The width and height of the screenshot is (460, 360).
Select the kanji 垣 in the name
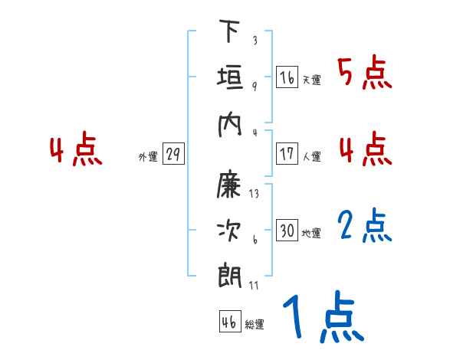229,77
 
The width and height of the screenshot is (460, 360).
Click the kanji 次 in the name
229,229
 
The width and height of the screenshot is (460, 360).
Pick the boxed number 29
173,155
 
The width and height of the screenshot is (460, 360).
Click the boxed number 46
229,322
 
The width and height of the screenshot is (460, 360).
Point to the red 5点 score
364,73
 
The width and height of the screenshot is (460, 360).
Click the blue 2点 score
365,227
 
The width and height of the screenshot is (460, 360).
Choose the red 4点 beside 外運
76,151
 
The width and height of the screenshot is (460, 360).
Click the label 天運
311,80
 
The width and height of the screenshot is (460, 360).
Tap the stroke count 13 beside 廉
254,193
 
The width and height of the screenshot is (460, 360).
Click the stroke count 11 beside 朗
254,285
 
